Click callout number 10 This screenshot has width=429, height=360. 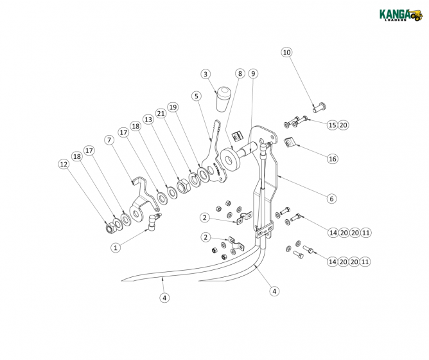click(x=286, y=52)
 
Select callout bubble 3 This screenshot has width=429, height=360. click(x=206, y=74)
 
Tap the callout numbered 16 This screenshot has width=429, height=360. click(x=332, y=158)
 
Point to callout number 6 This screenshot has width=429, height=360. click(x=331, y=199)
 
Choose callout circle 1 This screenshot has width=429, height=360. click(x=116, y=247)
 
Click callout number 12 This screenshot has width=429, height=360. click(x=64, y=165)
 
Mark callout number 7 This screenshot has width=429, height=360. click(x=109, y=139)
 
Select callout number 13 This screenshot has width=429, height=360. click(x=148, y=120)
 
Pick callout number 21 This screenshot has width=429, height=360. click(x=161, y=113)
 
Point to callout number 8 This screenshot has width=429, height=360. click(x=240, y=74)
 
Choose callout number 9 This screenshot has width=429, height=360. click(x=253, y=74)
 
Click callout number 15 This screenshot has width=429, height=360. click(x=332, y=125)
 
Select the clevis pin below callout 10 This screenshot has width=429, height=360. click(x=320, y=107)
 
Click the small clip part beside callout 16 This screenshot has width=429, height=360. click(x=291, y=143)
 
